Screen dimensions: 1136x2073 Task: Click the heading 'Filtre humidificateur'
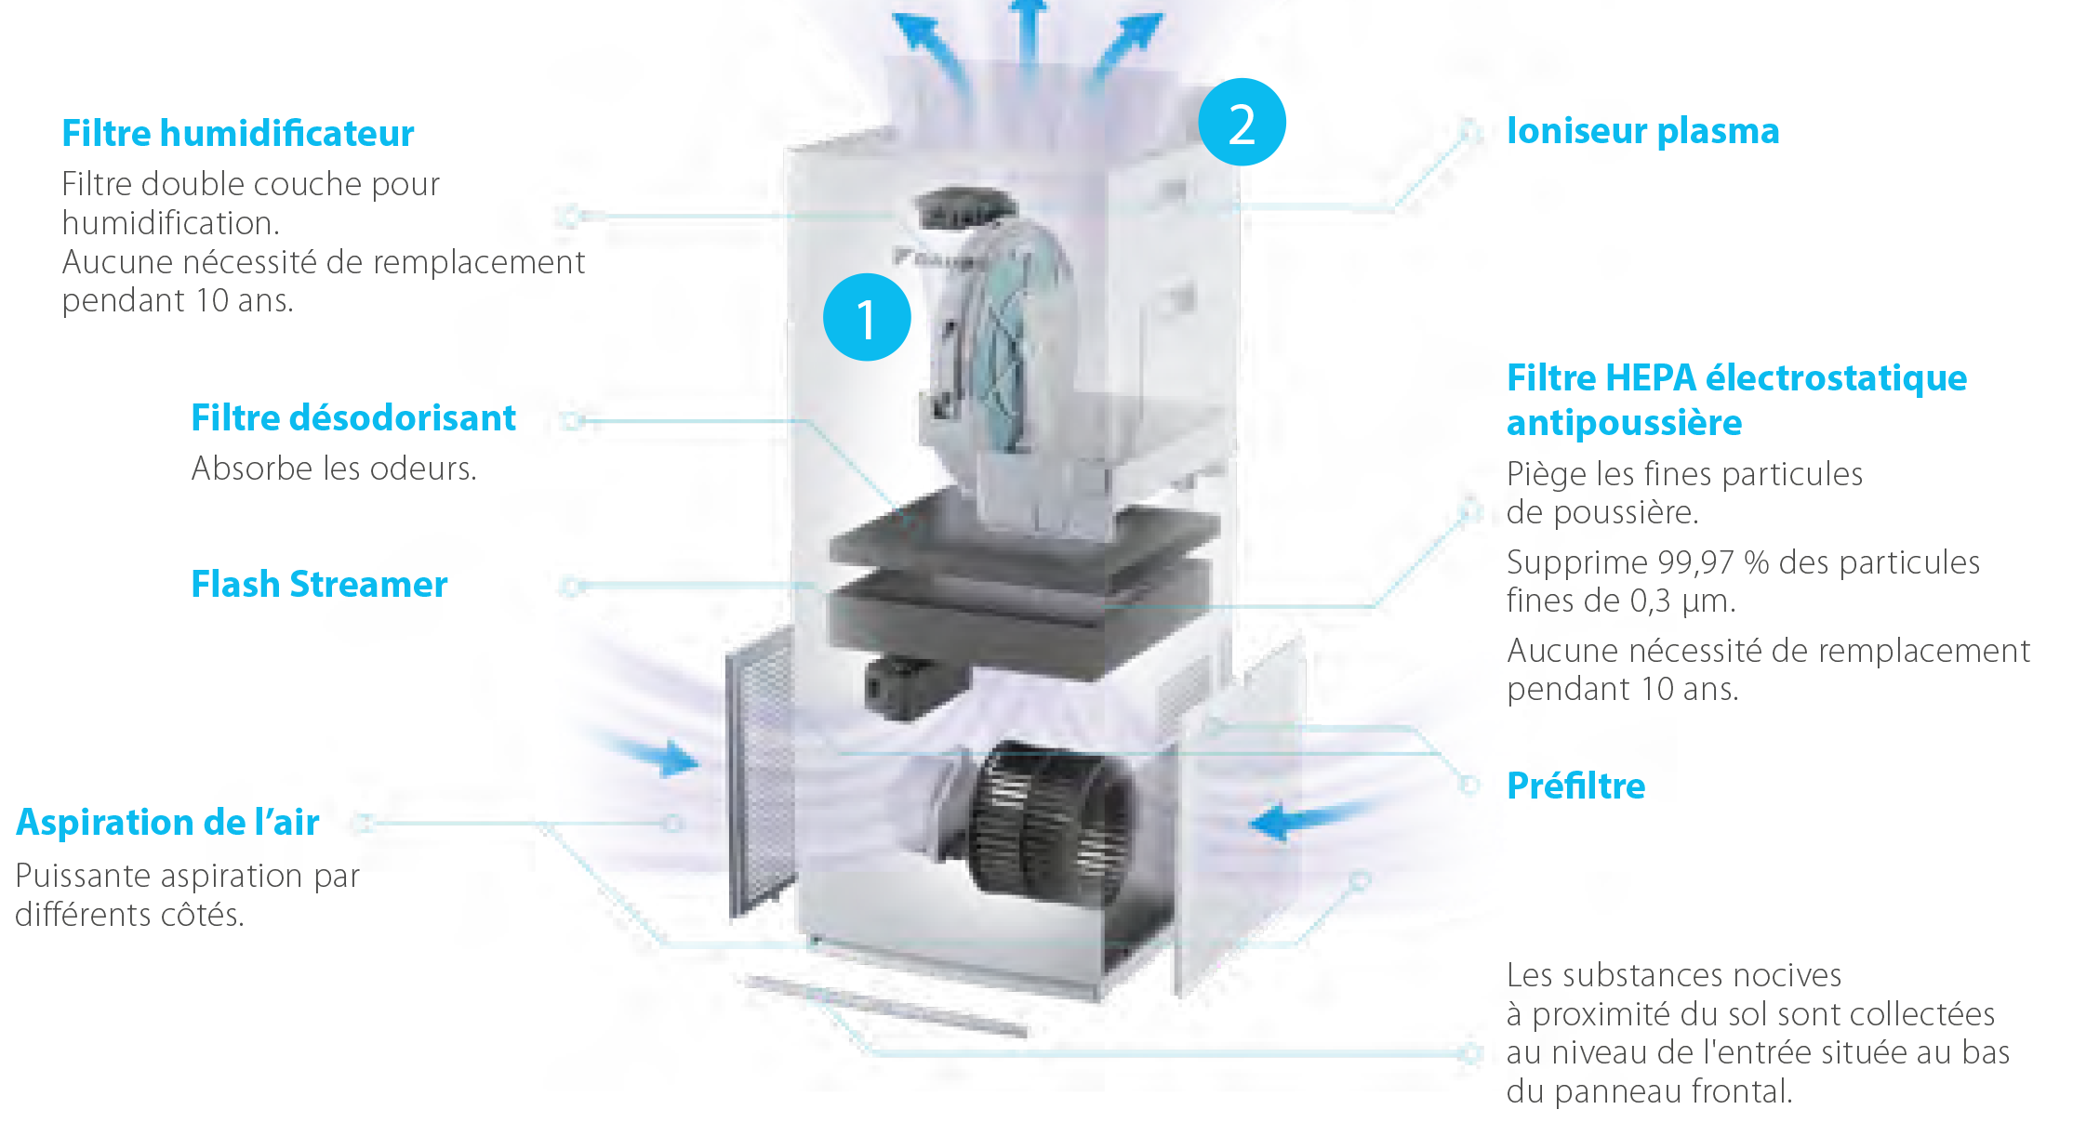pos(237,134)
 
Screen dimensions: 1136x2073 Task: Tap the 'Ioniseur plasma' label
pos(1642,131)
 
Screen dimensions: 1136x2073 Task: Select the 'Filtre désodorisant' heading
pos(352,418)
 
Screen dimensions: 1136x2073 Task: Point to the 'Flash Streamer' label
pos(319,585)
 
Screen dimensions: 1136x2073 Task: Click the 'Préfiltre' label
pos(1575,786)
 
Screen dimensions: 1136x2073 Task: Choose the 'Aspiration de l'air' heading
pos(167,823)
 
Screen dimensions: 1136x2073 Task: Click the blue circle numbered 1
pos(867,317)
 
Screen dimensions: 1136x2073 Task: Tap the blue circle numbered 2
pos(1242,123)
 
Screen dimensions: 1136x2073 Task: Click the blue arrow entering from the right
pos(1297,820)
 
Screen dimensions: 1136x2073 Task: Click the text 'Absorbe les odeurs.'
pos(334,469)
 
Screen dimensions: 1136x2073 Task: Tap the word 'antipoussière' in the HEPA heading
pos(1624,424)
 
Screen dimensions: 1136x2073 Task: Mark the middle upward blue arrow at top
pos(1027,37)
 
